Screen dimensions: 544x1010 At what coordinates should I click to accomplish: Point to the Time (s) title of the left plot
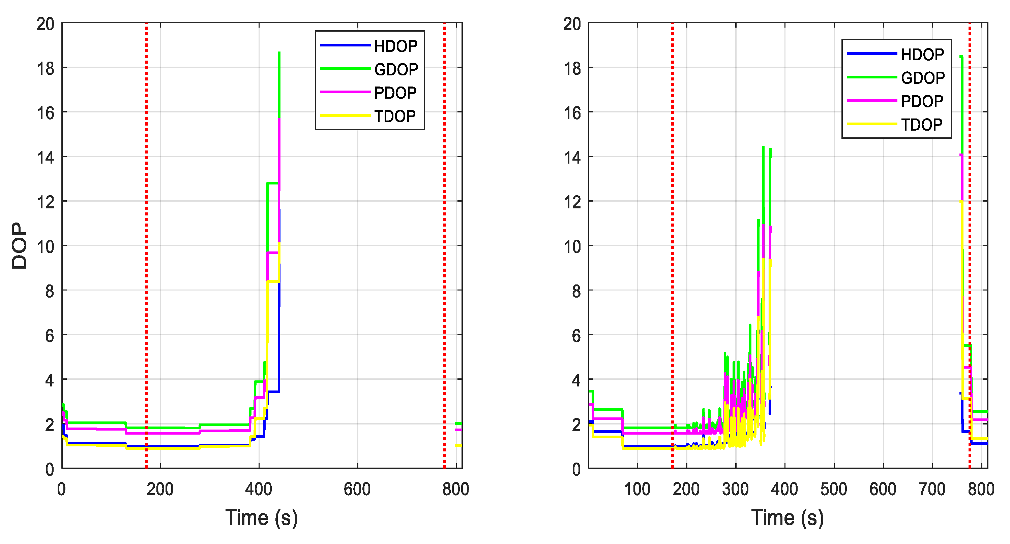(x=262, y=518)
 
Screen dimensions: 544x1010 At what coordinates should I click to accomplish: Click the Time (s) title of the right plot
(x=787, y=518)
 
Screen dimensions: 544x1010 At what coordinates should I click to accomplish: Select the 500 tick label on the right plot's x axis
(x=834, y=489)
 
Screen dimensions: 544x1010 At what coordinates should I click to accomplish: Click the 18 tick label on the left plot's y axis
(x=46, y=69)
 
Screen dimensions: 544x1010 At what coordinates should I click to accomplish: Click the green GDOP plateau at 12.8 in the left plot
(x=272, y=183)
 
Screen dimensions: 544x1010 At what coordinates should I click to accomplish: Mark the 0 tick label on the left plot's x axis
(x=62, y=489)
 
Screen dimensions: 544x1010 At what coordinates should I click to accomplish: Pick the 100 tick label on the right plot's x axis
(x=637, y=489)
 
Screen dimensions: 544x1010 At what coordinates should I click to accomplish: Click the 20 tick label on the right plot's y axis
(x=572, y=24)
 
